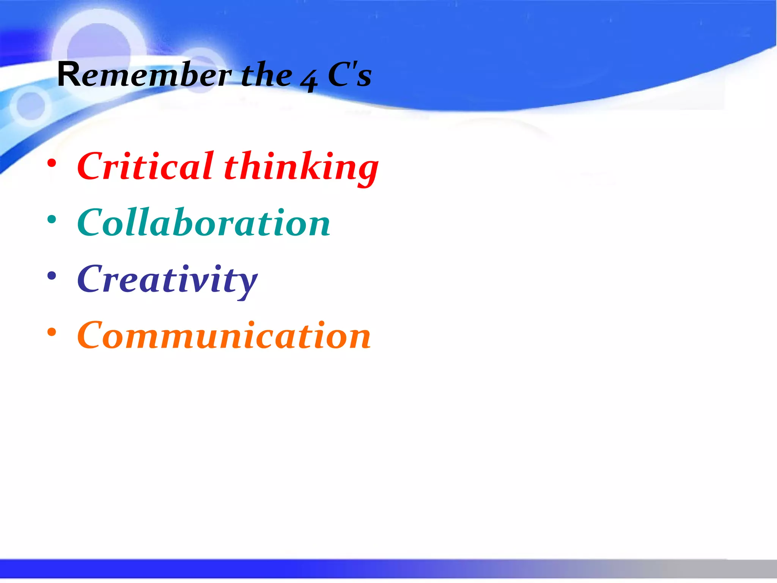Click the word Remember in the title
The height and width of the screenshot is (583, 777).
point(144,75)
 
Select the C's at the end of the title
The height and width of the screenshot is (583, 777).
point(349,75)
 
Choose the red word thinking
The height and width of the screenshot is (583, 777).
point(301,168)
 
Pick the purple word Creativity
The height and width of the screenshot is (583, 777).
point(167,280)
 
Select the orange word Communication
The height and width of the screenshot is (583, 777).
point(224,336)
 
